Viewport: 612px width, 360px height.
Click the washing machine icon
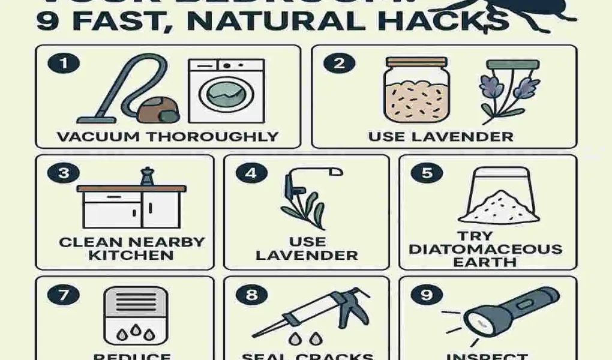(x=226, y=91)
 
